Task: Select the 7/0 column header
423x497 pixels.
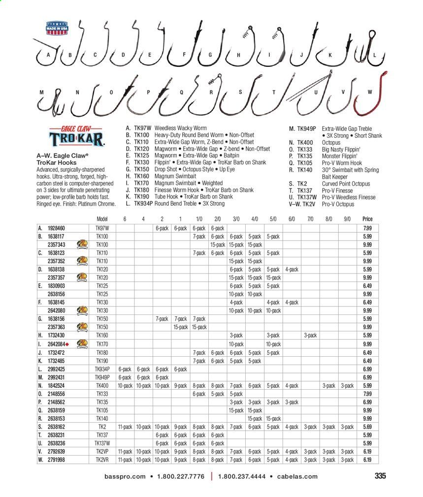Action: [x=310, y=219]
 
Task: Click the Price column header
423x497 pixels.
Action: [x=367, y=219]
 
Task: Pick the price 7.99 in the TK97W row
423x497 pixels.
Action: [x=367, y=228]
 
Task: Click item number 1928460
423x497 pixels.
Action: [x=56, y=228]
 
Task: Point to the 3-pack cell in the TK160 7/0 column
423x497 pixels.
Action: [x=310, y=336]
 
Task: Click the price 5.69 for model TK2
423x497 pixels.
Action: [x=367, y=427]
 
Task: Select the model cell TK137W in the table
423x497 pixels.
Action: [x=102, y=443]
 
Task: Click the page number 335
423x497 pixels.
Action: [x=380, y=476]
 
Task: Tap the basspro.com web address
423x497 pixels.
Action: [x=125, y=476]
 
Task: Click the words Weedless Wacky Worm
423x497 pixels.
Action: [x=182, y=128]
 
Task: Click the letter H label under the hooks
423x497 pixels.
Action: [x=238, y=55]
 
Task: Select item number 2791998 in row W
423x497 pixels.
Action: [x=56, y=460]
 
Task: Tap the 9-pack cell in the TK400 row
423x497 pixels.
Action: [x=181, y=385]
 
